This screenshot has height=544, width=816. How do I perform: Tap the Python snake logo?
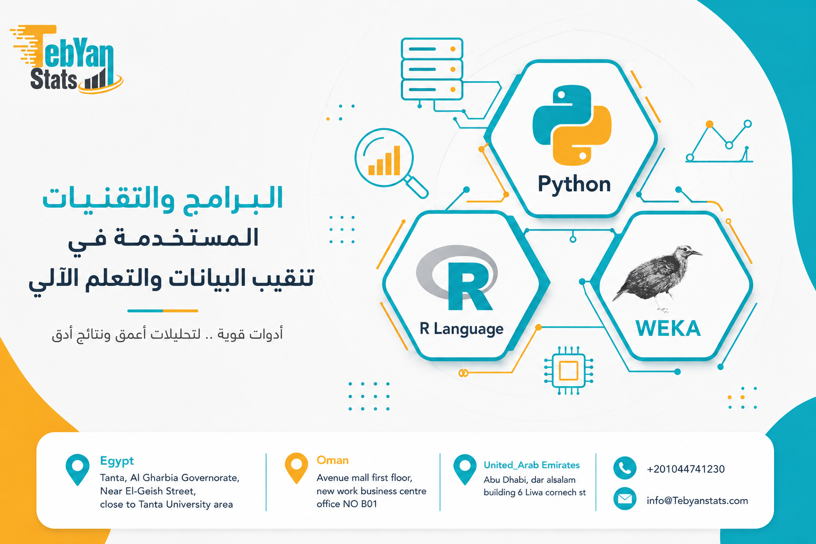tap(572, 125)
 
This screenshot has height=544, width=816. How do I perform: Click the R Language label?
tap(461, 329)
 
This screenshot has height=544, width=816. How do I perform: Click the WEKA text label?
tap(668, 328)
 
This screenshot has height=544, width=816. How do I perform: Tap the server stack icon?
tap(432, 69)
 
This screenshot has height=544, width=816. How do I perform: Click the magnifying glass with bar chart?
tap(390, 163)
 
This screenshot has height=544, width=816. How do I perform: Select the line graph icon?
tap(719, 141)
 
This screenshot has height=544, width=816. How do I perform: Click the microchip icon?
tap(568, 371)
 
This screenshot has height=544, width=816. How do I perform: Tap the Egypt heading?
tap(117, 461)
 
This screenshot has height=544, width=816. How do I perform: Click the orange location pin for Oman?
tap(296, 468)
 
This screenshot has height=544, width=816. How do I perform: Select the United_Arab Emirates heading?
tap(531, 465)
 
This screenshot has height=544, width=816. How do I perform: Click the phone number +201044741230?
tap(686, 469)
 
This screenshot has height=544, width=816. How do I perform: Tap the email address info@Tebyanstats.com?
tap(697, 500)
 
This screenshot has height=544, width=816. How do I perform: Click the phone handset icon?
tap(625, 468)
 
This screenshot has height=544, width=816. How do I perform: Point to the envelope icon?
tap(625, 498)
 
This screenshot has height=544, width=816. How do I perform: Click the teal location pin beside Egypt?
tap(78, 470)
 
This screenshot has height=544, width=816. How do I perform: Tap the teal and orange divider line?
tap(163, 311)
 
